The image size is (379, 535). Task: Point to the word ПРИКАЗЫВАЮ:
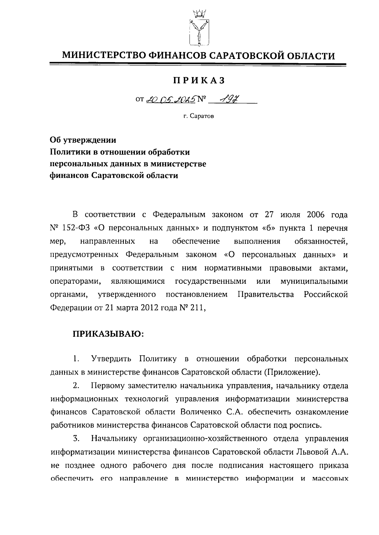[x=108, y=334]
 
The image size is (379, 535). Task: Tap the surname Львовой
[x=312, y=452]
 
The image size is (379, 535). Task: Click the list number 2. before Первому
[x=76, y=386]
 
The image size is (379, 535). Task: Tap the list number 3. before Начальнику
[x=76, y=439]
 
